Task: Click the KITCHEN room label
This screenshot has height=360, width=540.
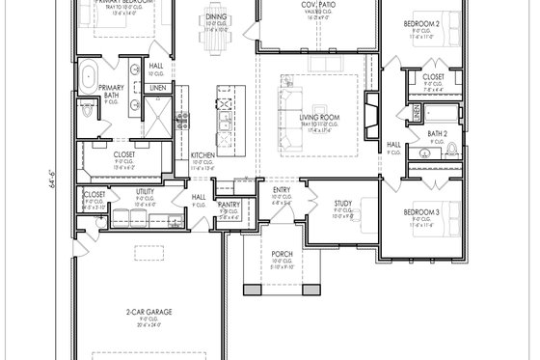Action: pos(202,154)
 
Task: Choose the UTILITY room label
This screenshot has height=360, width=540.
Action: pos(146,193)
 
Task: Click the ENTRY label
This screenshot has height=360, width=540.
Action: pos(281,190)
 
